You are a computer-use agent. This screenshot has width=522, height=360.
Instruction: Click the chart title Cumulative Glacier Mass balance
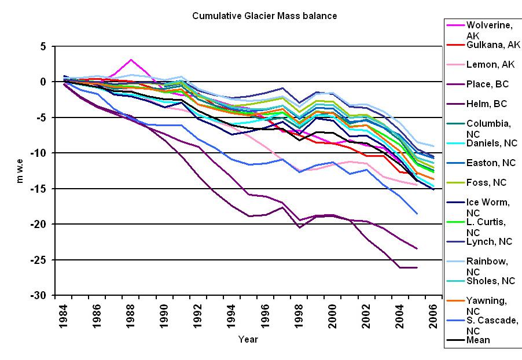pos(264,16)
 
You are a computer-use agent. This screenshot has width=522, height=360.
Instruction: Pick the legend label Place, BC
pos(487,84)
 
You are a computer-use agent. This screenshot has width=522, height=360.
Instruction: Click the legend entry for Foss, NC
pos(486,182)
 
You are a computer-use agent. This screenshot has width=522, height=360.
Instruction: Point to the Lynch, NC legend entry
pos(488,242)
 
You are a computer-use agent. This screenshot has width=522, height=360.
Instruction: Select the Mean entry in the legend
pos(478,340)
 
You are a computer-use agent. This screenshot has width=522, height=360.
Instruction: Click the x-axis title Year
pos(248,339)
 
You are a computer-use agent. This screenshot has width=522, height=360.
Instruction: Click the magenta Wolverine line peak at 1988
pos(131,60)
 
